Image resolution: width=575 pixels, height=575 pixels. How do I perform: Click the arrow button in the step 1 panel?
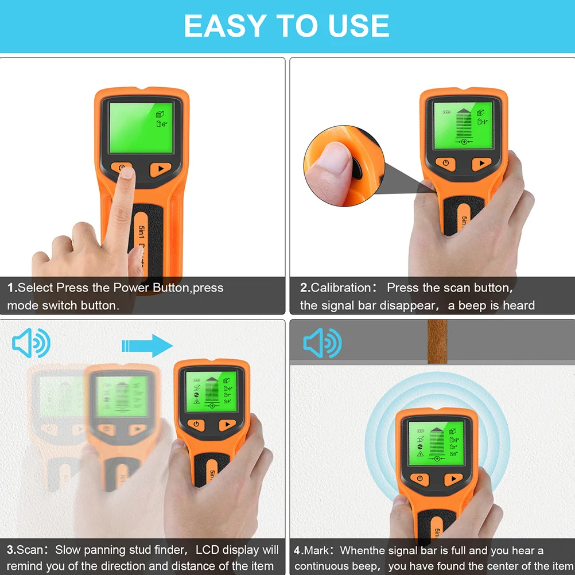161,169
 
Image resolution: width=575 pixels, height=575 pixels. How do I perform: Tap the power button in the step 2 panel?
445,164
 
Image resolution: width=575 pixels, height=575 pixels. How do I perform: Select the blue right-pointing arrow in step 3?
147,346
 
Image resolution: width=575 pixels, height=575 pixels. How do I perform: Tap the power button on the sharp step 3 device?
196,425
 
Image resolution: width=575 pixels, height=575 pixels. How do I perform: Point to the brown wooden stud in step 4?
437,341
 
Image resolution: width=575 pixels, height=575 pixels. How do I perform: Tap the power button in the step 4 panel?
420,479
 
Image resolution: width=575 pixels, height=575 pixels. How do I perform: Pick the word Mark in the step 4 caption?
318,550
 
